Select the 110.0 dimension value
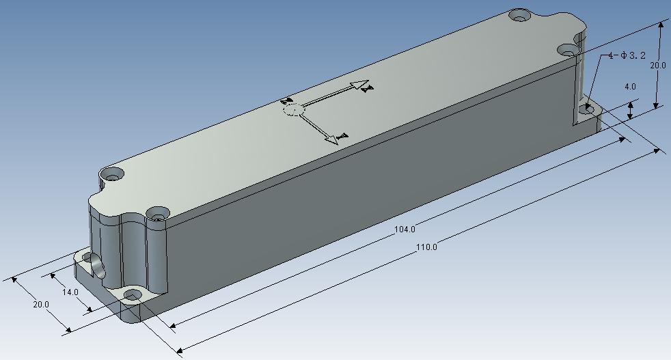pos(426,247)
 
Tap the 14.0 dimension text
pos(70,292)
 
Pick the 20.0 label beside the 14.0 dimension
pos(40,305)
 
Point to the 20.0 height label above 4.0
pos(657,66)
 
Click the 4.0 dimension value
pos(630,87)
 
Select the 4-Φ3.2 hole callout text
pos(627,55)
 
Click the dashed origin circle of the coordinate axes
pos(293,109)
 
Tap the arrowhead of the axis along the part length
pos(363,85)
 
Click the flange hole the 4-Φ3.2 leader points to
pos(588,108)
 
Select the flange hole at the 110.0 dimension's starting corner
pos(133,295)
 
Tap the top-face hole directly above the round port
pos(111,175)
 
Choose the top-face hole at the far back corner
pos(521,14)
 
